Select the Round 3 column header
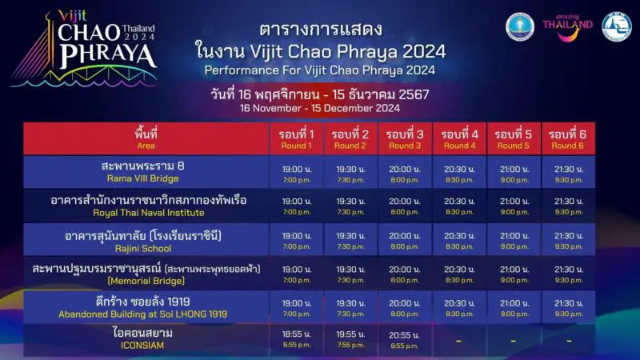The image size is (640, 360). (x=405, y=138)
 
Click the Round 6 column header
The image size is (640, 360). (x=568, y=138)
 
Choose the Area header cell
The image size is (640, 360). (x=146, y=138)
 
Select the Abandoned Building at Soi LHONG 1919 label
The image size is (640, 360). (x=146, y=308)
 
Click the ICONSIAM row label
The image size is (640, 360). (x=146, y=339)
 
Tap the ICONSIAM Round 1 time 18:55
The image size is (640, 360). (x=296, y=339)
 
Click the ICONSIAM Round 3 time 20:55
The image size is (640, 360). (x=405, y=339)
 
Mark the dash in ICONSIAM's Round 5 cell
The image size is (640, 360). (x=513, y=340)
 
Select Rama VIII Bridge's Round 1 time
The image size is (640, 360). (x=296, y=172)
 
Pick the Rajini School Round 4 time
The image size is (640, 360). (x=459, y=240)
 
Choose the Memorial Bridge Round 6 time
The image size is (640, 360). (x=568, y=274)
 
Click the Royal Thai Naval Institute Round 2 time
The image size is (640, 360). (x=350, y=206)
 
